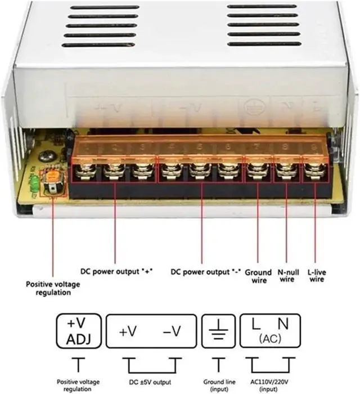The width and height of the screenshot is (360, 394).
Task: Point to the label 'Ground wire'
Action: (259, 276)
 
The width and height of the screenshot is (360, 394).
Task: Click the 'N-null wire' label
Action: (286, 276)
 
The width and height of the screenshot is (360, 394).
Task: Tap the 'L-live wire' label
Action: (317, 276)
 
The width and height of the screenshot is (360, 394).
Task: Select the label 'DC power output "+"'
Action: (116, 271)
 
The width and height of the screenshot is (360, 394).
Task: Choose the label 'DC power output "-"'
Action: (206, 271)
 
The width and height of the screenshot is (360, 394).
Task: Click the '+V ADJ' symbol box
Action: (79, 333)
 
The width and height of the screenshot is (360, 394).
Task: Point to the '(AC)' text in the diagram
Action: (272, 341)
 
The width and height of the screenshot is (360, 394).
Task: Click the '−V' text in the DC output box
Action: (172, 332)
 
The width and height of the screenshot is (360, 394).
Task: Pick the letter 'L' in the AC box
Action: (256, 325)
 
